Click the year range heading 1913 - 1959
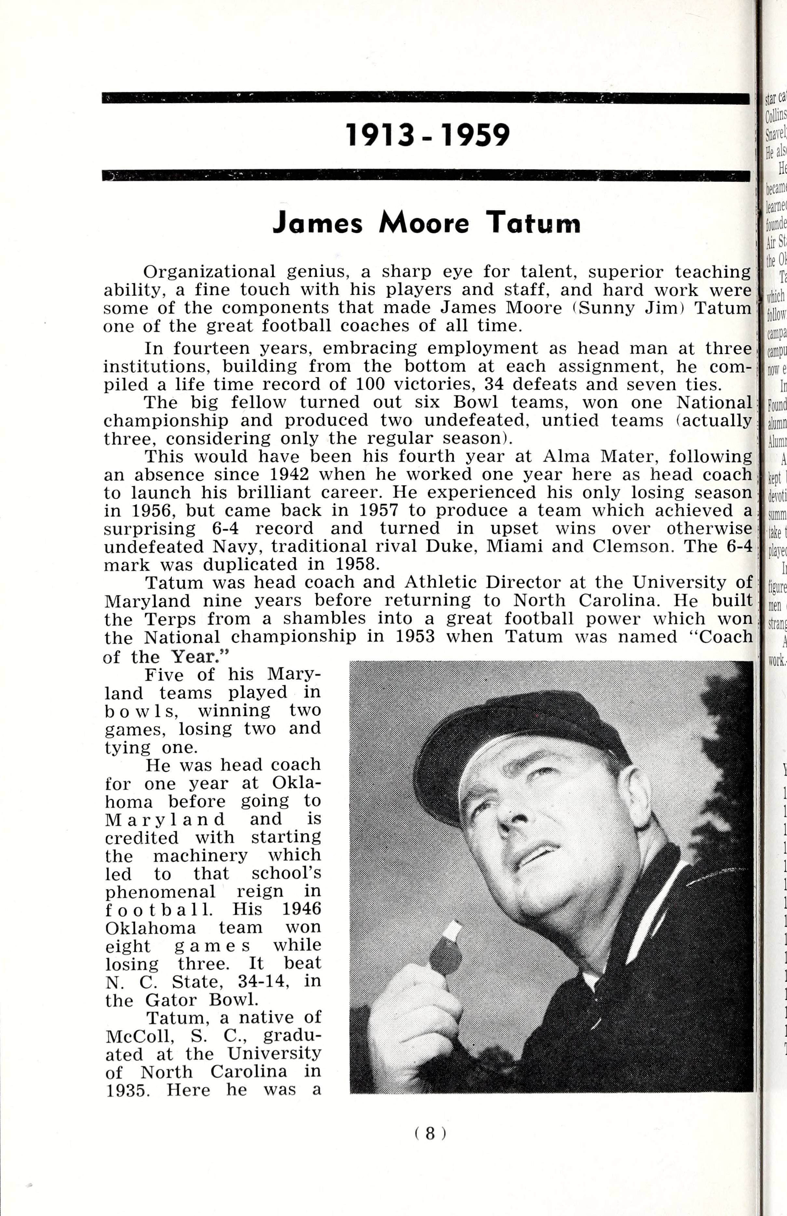[428, 135]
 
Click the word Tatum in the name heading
[533, 223]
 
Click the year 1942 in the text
[289, 474]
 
